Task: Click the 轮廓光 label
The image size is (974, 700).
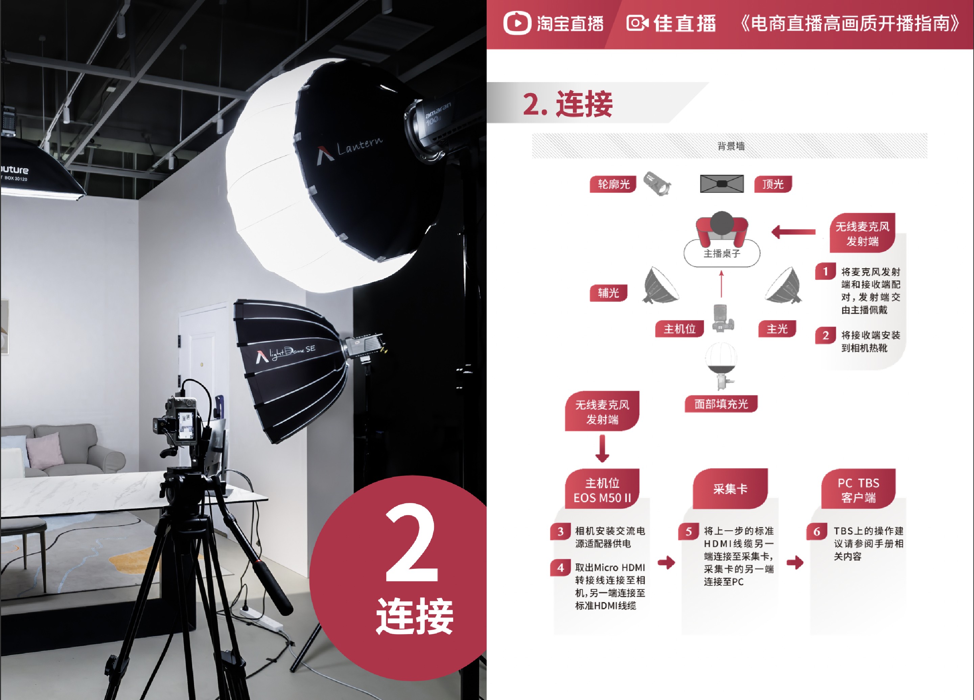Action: click(x=613, y=184)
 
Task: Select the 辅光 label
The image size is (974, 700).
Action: click(x=608, y=293)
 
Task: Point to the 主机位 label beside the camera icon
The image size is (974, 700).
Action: click(x=679, y=329)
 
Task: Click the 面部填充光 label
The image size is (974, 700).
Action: click(x=721, y=404)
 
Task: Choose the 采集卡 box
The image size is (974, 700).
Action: click(x=730, y=489)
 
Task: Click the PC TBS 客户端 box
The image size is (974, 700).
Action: click(x=858, y=490)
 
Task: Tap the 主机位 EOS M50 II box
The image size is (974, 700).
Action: click(x=602, y=490)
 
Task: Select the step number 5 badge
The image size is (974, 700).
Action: click(x=689, y=531)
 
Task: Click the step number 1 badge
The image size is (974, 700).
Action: click(x=825, y=271)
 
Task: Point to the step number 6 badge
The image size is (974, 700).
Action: click(x=817, y=531)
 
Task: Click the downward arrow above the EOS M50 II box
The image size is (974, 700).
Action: click(x=602, y=449)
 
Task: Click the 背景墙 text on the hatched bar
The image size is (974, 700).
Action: click(x=731, y=146)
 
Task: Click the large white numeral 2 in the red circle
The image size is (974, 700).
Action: click(x=412, y=543)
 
